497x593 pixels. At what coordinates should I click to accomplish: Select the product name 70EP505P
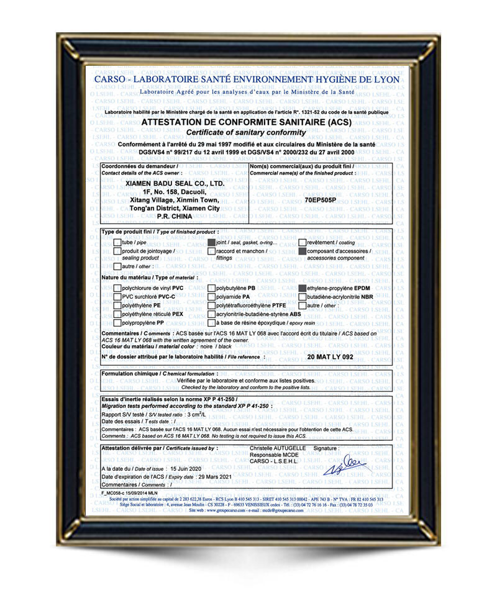pos(321,201)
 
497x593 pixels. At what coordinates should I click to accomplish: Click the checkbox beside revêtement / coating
pos(303,242)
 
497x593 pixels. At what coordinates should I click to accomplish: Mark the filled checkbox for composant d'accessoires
pos(303,251)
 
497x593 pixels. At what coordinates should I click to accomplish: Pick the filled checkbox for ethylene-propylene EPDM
pos(303,288)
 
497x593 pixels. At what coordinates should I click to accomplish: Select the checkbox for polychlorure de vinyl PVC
pos(117,288)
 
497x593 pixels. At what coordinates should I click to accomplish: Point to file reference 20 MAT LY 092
pos(330,358)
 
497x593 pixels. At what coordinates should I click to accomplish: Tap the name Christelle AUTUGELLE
pos(277,448)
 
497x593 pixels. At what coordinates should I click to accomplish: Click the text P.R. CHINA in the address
pos(174,217)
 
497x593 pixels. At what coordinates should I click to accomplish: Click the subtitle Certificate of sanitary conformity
pos(246,133)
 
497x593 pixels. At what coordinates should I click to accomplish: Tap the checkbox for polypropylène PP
pos(117,323)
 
